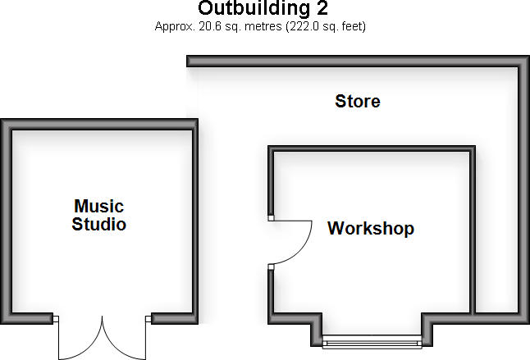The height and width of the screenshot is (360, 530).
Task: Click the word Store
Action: click(358, 102)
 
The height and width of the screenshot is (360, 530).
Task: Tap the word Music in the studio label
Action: click(98, 206)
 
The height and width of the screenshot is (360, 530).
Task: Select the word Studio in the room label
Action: click(98, 224)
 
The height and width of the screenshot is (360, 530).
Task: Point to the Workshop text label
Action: click(370, 229)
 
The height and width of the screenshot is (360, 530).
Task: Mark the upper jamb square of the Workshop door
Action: click(271, 219)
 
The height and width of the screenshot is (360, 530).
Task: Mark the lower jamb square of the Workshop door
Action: click(271, 267)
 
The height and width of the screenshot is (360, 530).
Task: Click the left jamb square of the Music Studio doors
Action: click(57, 319)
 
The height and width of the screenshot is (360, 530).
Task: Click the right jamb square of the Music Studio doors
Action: click(148, 319)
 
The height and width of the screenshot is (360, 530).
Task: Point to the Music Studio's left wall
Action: click(8, 221)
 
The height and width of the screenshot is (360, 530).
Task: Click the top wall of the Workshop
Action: click(372, 149)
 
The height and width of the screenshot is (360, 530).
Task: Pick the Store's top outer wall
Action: click(353, 62)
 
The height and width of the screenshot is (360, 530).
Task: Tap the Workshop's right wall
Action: click(473, 230)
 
